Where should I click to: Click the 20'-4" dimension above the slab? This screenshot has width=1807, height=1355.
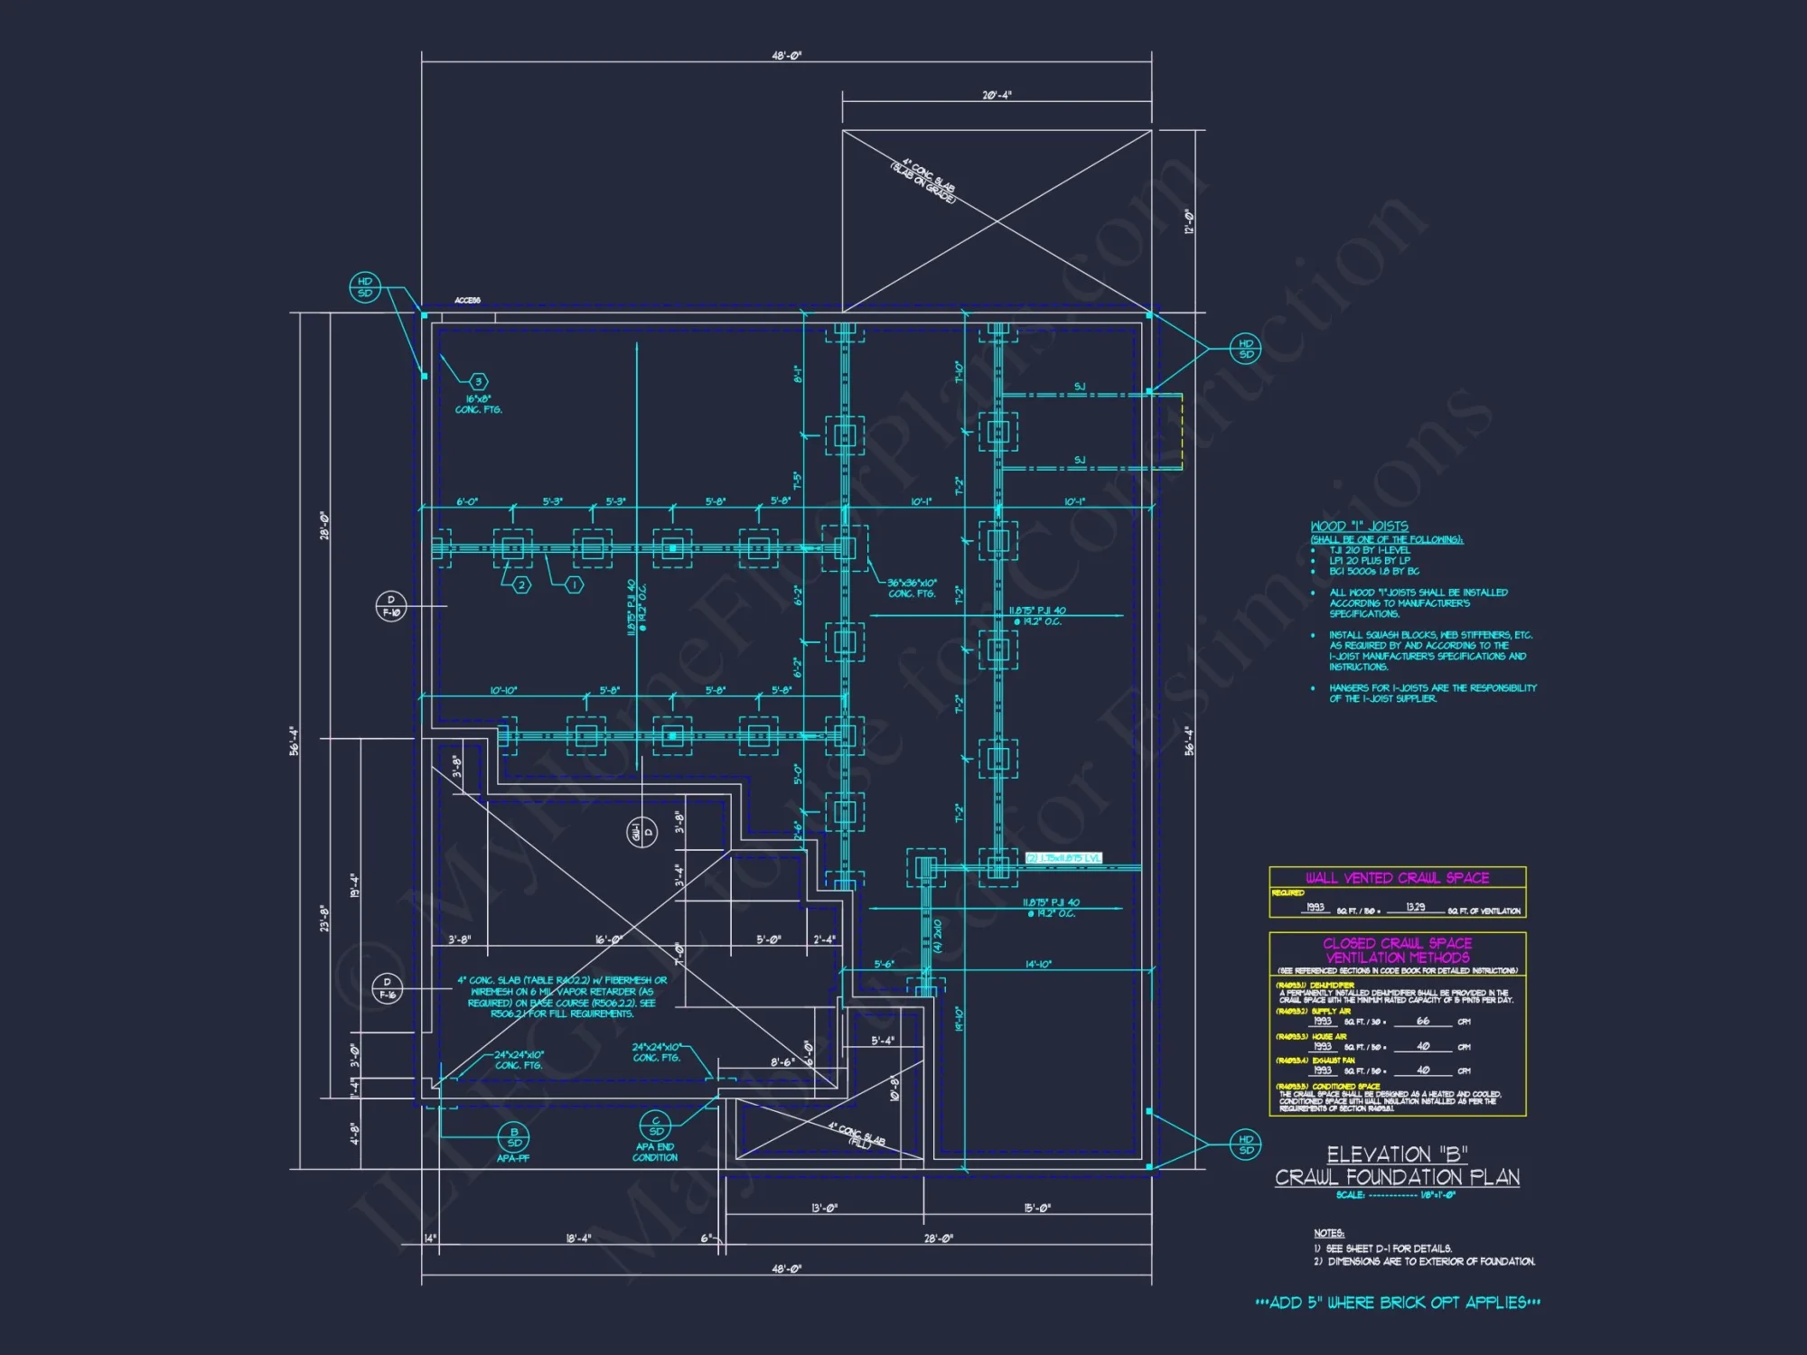(x=997, y=95)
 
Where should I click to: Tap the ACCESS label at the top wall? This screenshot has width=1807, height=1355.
(x=467, y=300)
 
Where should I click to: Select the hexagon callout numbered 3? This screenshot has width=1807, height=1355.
(x=479, y=381)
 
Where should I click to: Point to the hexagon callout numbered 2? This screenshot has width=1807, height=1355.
(x=521, y=585)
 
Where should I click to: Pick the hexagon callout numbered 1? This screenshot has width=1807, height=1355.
(x=574, y=585)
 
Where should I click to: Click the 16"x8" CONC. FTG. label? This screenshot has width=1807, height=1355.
(x=478, y=404)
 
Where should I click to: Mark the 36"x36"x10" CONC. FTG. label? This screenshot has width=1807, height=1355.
(x=912, y=588)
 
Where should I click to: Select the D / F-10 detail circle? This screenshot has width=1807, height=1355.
(x=391, y=606)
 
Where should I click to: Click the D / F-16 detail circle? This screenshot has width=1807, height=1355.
(x=388, y=988)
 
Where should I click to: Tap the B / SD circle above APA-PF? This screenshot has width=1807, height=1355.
(x=514, y=1137)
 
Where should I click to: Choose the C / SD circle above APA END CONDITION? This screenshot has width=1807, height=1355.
(x=656, y=1126)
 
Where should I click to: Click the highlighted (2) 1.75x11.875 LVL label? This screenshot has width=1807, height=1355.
(x=1063, y=857)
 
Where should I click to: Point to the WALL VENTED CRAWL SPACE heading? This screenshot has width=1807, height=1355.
(x=1397, y=878)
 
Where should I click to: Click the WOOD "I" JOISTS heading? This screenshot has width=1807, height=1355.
(x=1359, y=526)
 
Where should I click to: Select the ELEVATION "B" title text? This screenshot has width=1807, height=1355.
(x=1397, y=1154)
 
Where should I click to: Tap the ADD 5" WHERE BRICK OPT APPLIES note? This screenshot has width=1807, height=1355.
(x=1398, y=1303)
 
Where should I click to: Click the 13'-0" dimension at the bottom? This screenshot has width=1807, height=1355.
(x=824, y=1208)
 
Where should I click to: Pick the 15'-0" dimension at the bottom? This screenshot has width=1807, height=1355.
(x=1037, y=1208)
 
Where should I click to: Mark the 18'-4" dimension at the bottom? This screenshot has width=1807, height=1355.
(x=578, y=1238)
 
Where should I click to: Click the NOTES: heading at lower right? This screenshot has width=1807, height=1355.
(x=1329, y=1233)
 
